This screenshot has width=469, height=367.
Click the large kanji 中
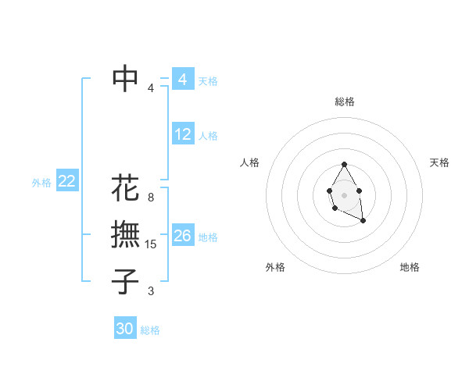(126, 78)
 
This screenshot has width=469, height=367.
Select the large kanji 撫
(126, 234)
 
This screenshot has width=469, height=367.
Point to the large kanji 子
(126, 281)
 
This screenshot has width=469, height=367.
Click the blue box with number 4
(182, 79)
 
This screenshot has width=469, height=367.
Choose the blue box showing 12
(183, 134)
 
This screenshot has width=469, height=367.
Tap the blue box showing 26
(183, 235)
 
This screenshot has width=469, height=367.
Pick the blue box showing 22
(66, 181)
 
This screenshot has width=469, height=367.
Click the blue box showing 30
(125, 329)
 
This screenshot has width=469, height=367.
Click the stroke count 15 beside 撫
(152, 244)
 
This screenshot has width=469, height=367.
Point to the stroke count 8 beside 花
(151, 198)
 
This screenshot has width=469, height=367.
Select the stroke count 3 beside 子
(151, 291)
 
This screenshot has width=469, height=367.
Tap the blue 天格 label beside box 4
(208, 80)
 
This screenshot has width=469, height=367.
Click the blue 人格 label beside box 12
(208, 136)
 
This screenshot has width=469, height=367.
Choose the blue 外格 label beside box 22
(41, 183)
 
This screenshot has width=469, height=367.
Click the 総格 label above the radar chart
(345, 102)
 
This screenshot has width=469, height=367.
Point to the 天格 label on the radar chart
(439, 162)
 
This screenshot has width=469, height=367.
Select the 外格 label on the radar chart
(275, 267)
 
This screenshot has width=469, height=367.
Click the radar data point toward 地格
(363, 221)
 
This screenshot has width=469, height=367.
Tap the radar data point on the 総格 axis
(344, 164)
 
